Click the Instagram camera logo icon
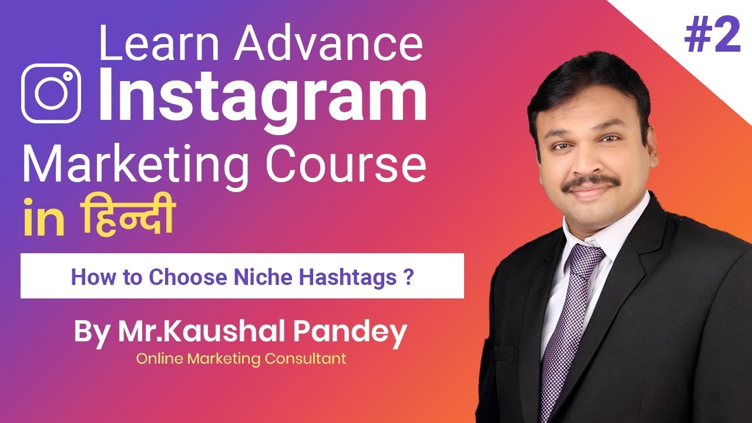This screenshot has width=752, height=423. (x=51, y=93)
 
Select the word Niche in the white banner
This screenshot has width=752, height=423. (x=256, y=276)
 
